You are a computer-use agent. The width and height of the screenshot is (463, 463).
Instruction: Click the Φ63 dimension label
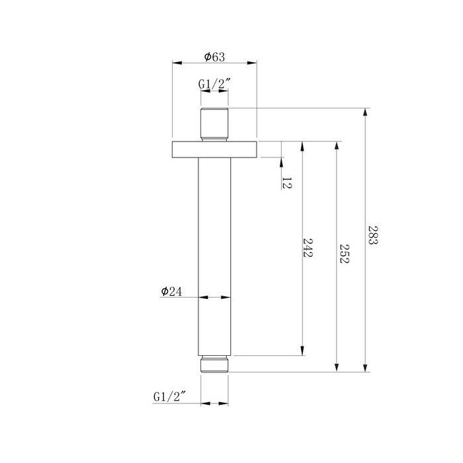click(x=214, y=57)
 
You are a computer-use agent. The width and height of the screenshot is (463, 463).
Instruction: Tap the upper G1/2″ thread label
click(x=214, y=84)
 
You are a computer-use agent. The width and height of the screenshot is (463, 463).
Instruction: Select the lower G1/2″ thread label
click(x=169, y=397)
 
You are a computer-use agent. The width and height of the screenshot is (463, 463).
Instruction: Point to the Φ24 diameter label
click(x=171, y=292)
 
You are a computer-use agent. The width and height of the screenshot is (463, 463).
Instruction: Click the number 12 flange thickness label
click(x=286, y=183)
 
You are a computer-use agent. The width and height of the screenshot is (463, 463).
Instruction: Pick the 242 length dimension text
click(x=308, y=247)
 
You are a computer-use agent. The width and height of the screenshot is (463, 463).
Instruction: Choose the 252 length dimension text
click(x=344, y=253)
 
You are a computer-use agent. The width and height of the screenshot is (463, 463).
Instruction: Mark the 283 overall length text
click(x=373, y=235)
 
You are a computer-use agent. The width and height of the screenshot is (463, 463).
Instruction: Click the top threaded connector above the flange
click(x=214, y=124)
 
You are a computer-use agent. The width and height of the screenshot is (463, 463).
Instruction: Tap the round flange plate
click(x=214, y=149)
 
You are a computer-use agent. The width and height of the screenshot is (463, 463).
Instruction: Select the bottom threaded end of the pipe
click(x=214, y=364)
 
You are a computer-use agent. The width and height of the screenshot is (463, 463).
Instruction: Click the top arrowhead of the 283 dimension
click(x=366, y=113)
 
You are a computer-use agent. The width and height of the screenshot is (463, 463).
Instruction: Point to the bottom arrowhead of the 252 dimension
click(x=337, y=367)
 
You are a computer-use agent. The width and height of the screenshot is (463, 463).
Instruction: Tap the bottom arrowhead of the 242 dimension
click(x=302, y=351)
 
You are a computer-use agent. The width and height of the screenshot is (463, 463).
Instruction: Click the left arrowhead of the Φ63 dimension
click(x=177, y=63)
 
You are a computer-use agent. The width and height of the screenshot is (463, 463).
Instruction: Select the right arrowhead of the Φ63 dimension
click(x=252, y=63)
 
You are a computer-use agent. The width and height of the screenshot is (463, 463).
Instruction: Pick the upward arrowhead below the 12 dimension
click(x=281, y=162)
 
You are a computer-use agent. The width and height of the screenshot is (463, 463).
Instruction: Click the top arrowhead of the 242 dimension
click(x=302, y=146)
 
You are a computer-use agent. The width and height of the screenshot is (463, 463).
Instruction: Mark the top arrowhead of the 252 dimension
click(x=337, y=146)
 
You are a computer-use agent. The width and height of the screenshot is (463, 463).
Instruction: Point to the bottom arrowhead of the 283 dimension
click(x=366, y=367)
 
